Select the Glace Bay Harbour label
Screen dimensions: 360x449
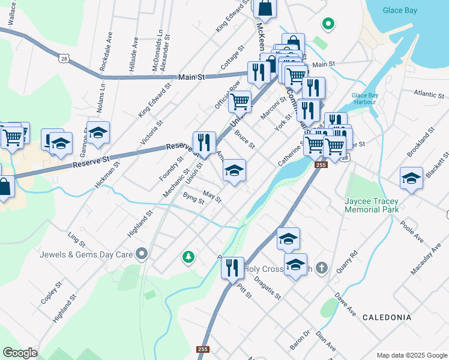tap(364, 98)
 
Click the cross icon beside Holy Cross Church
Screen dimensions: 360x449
tap(321, 268)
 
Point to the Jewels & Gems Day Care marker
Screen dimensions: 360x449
tap(142, 254)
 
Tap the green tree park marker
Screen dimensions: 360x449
tap(188, 257)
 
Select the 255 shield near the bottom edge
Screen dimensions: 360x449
tap(203, 349)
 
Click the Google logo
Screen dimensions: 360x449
tap(20, 352)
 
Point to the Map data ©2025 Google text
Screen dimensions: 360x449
tap(411, 355)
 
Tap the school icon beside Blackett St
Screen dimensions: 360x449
tap(411, 178)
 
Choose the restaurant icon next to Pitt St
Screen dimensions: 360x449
tap(233, 267)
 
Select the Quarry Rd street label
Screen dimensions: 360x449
tap(347, 262)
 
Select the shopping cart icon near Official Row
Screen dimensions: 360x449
tap(240, 102)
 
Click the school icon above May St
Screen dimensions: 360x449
tap(234, 170)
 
